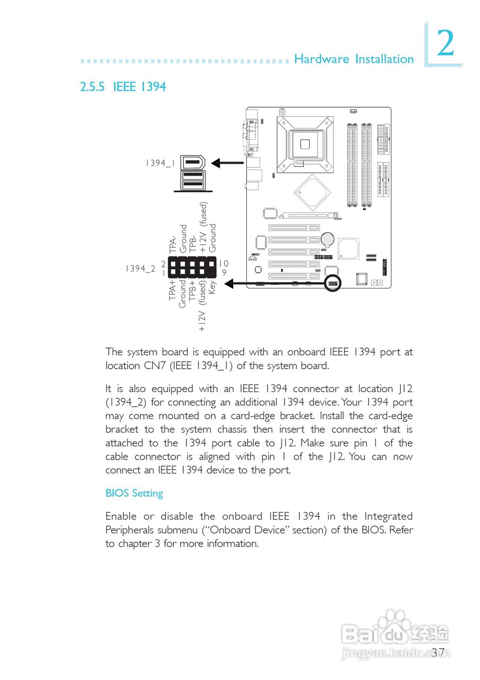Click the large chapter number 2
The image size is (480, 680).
pyautogui.click(x=445, y=44)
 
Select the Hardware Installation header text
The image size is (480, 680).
pyautogui.click(x=354, y=59)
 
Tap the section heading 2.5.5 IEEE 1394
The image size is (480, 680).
pyautogui.click(x=123, y=87)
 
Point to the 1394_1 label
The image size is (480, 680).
pyautogui.click(x=160, y=163)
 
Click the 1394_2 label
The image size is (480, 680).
pyautogui.click(x=140, y=268)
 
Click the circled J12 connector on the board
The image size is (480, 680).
pyautogui.click(x=332, y=283)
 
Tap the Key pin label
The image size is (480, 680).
pyautogui.click(x=212, y=287)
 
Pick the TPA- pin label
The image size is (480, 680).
pyautogui.click(x=173, y=245)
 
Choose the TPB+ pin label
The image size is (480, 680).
pyautogui.click(x=192, y=290)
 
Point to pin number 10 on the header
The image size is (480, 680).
pyautogui.click(x=224, y=263)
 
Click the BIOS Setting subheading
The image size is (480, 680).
pyautogui.click(x=134, y=493)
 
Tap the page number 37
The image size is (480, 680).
pyautogui.click(x=438, y=652)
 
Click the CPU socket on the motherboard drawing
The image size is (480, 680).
pyautogui.click(x=304, y=143)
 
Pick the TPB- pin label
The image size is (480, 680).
pyautogui.click(x=192, y=242)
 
